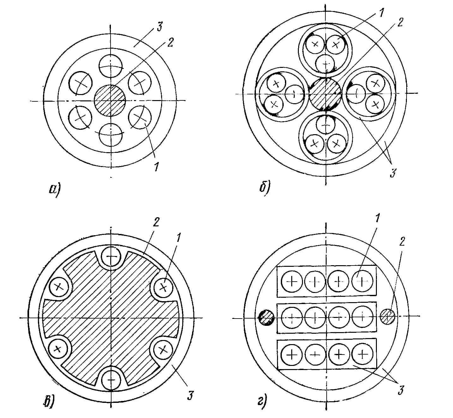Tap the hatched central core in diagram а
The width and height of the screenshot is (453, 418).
click(110, 100)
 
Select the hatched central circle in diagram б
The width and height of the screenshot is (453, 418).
click(325, 94)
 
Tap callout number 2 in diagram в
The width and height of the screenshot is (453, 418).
click(156, 222)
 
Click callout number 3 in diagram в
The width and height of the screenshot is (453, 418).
click(190, 395)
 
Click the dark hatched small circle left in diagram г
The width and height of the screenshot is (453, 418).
click(266, 318)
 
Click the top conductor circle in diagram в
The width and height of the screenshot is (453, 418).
click(111, 256)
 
